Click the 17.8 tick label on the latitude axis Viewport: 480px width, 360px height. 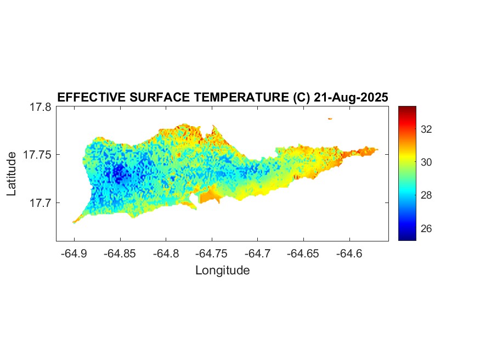[41, 107]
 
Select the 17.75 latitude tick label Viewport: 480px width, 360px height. [37, 155]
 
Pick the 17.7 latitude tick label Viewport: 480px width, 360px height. [41, 203]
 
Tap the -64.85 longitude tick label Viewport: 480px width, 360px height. [119, 254]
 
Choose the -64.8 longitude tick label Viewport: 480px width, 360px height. [165, 254]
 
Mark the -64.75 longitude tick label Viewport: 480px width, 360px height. [211, 254]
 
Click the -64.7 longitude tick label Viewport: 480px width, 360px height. [257, 254]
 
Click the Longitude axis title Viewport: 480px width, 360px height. [223, 270]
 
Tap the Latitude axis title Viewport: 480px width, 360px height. [12, 175]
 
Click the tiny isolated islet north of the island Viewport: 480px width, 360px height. [330, 118]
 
